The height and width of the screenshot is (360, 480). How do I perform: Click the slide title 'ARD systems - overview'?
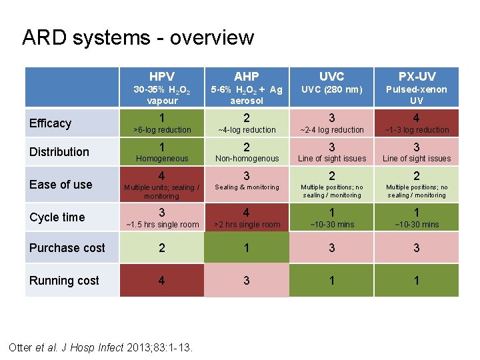(138, 37)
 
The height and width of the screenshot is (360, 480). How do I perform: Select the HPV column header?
(162, 77)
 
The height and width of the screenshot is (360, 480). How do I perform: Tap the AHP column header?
(247, 77)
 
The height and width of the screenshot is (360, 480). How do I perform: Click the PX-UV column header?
(417, 77)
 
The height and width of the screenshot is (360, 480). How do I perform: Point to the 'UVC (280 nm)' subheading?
(331, 89)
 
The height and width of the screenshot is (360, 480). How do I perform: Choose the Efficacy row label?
(50, 123)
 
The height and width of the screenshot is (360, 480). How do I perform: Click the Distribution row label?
(59, 152)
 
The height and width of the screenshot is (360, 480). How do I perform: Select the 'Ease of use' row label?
(61, 185)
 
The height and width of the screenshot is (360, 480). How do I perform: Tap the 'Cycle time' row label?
(57, 217)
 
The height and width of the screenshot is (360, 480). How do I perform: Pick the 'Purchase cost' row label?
(67, 248)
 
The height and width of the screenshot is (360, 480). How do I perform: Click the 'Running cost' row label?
(64, 281)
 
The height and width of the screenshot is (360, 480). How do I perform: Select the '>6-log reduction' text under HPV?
(162, 130)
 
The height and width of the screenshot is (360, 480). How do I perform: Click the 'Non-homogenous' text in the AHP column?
(247, 159)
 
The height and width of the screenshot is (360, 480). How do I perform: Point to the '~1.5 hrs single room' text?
(162, 225)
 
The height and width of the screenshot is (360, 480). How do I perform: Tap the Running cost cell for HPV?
(162, 281)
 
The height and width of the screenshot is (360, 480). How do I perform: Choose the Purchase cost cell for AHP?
(247, 248)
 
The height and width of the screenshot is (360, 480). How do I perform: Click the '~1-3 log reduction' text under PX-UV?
(417, 130)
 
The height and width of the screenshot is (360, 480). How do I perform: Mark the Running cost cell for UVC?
(331, 281)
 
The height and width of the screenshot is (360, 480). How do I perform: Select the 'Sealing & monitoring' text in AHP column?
(247, 187)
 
